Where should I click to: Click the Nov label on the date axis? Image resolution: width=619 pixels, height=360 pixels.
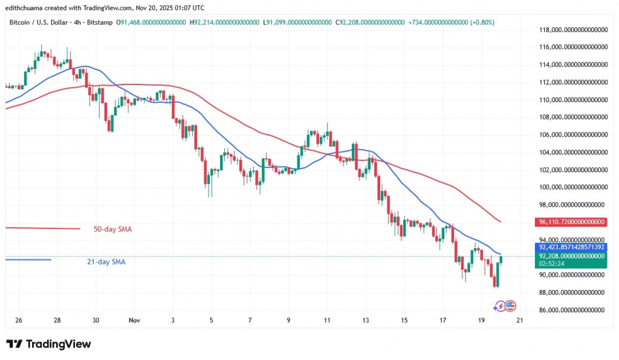click(x=134, y=321)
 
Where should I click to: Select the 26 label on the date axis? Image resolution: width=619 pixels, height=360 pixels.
click(x=18, y=321)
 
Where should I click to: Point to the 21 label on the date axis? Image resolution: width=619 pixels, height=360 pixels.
click(x=519, y=321)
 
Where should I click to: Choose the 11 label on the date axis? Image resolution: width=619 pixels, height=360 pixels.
click(x=327, y=321)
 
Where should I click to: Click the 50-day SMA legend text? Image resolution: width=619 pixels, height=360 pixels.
click(x=112, y=229)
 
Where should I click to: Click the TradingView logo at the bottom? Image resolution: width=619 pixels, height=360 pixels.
click(x=49, y=344)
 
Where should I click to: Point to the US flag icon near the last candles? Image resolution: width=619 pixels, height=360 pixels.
click(x=510, y=306)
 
